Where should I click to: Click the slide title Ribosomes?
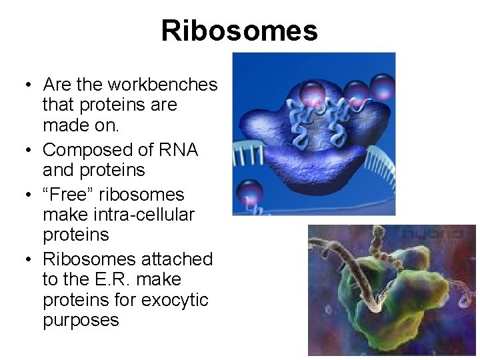(239, 31)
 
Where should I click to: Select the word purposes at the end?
(81, 320)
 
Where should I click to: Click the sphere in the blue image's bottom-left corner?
(249, 194)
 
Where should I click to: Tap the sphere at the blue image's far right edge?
(383, 87)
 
